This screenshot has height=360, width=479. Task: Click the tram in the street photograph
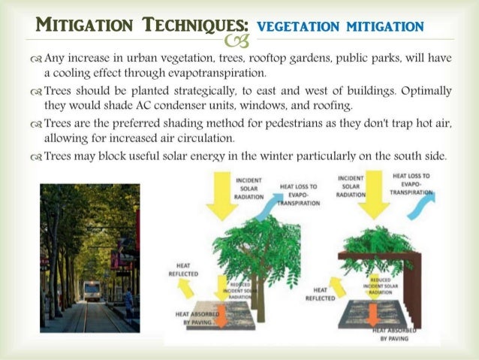point(92,290)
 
